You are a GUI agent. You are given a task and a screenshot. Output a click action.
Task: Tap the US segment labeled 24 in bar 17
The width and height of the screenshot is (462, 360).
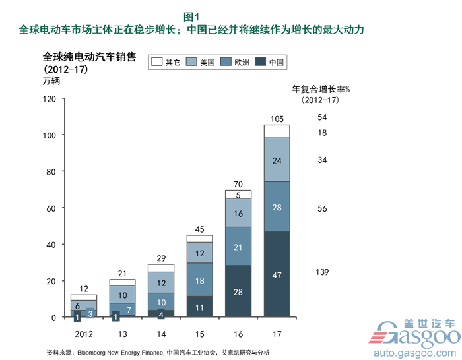coord(277,160)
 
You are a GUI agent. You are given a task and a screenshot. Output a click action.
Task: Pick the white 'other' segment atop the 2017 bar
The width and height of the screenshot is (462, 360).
coord(277,131)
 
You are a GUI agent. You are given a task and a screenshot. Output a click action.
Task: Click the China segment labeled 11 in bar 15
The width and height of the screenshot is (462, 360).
coord(199,307)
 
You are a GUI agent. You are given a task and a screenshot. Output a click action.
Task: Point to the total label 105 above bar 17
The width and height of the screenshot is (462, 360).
coord(277,119)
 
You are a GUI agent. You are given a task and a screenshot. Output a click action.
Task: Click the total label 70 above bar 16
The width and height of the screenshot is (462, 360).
coord(238,184)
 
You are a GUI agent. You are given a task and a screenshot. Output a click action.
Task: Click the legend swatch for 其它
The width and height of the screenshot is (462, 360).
coord(156,62)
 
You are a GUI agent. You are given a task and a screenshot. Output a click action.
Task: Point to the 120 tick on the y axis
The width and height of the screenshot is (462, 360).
coord(49,98)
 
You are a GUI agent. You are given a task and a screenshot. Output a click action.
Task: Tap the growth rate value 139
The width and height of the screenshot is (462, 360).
coord(322,272)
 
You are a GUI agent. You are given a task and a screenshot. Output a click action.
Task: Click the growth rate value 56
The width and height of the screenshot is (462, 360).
coord(322,208)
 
